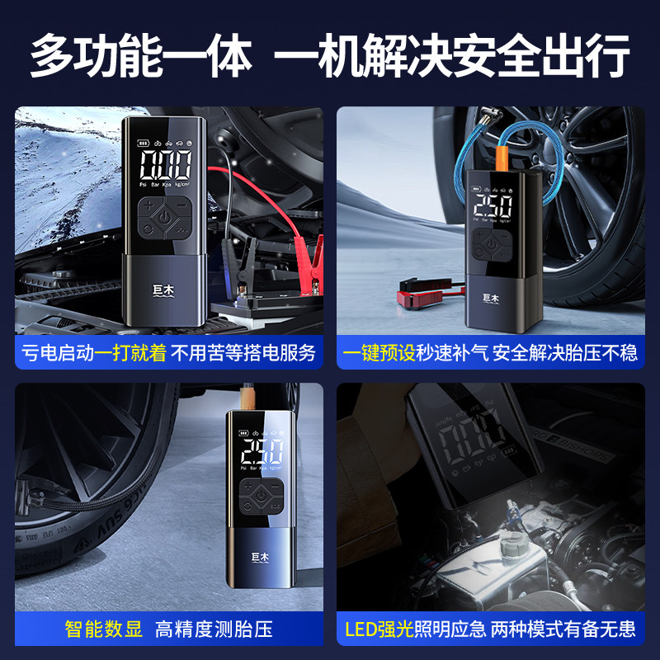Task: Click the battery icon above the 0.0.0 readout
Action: click(x=144, y=139)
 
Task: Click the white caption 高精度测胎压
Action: click(x=214, y=630)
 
